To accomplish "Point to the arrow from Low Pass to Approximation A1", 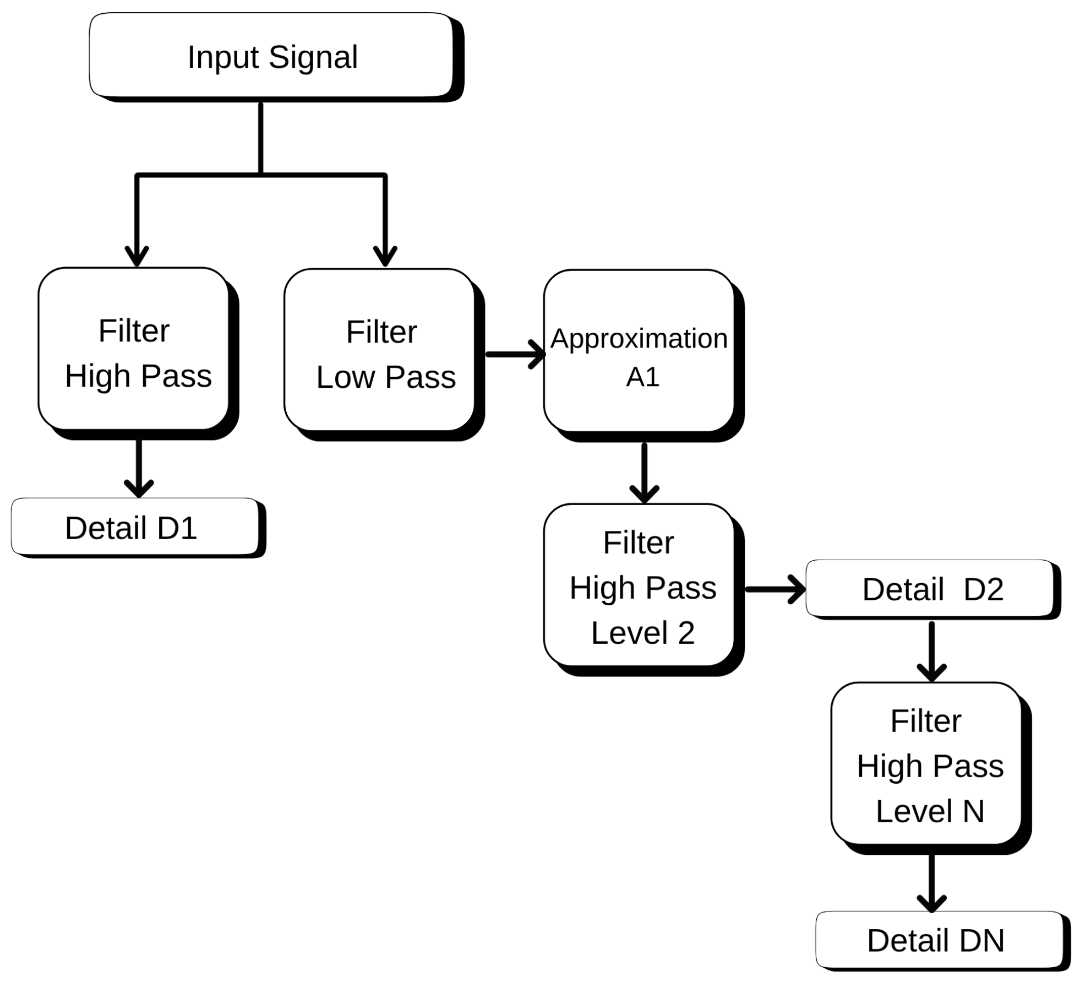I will [515, 354].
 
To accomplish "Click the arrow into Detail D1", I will [139, 468].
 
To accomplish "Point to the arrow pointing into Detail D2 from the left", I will [775, 589].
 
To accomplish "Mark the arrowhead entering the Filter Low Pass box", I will [385, 254].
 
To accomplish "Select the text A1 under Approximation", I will [642, 377].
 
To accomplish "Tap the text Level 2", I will [642, 632].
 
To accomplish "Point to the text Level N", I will [930, 811].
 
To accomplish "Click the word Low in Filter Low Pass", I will [345, 377].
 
